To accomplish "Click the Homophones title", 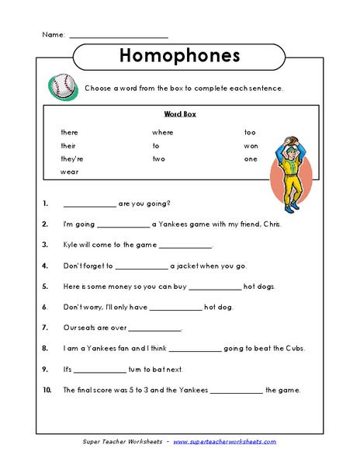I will pyautogui.click(x=179, y=56).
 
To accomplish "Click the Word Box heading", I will pyautogui.click(x=179, y=114).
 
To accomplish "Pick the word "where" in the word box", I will pyautogui.click(x=163, y=132).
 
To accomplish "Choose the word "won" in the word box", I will pyautogui.click(x=251, y=145).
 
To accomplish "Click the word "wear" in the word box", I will pyautogui.click(x=70, y=172).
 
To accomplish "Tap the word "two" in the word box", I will pyautogui.click(x=158, y=158).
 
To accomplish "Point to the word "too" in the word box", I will pyautogui.click(x=250, y=132).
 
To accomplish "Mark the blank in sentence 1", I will pyautogui.click(x=89, y=206).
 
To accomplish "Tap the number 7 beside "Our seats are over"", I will pyautogui.click(x=46, y=327).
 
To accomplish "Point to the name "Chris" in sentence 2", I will pyautogui.click(x=268, y=225).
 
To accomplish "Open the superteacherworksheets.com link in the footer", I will pyautogui.click(x=224, y=442).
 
